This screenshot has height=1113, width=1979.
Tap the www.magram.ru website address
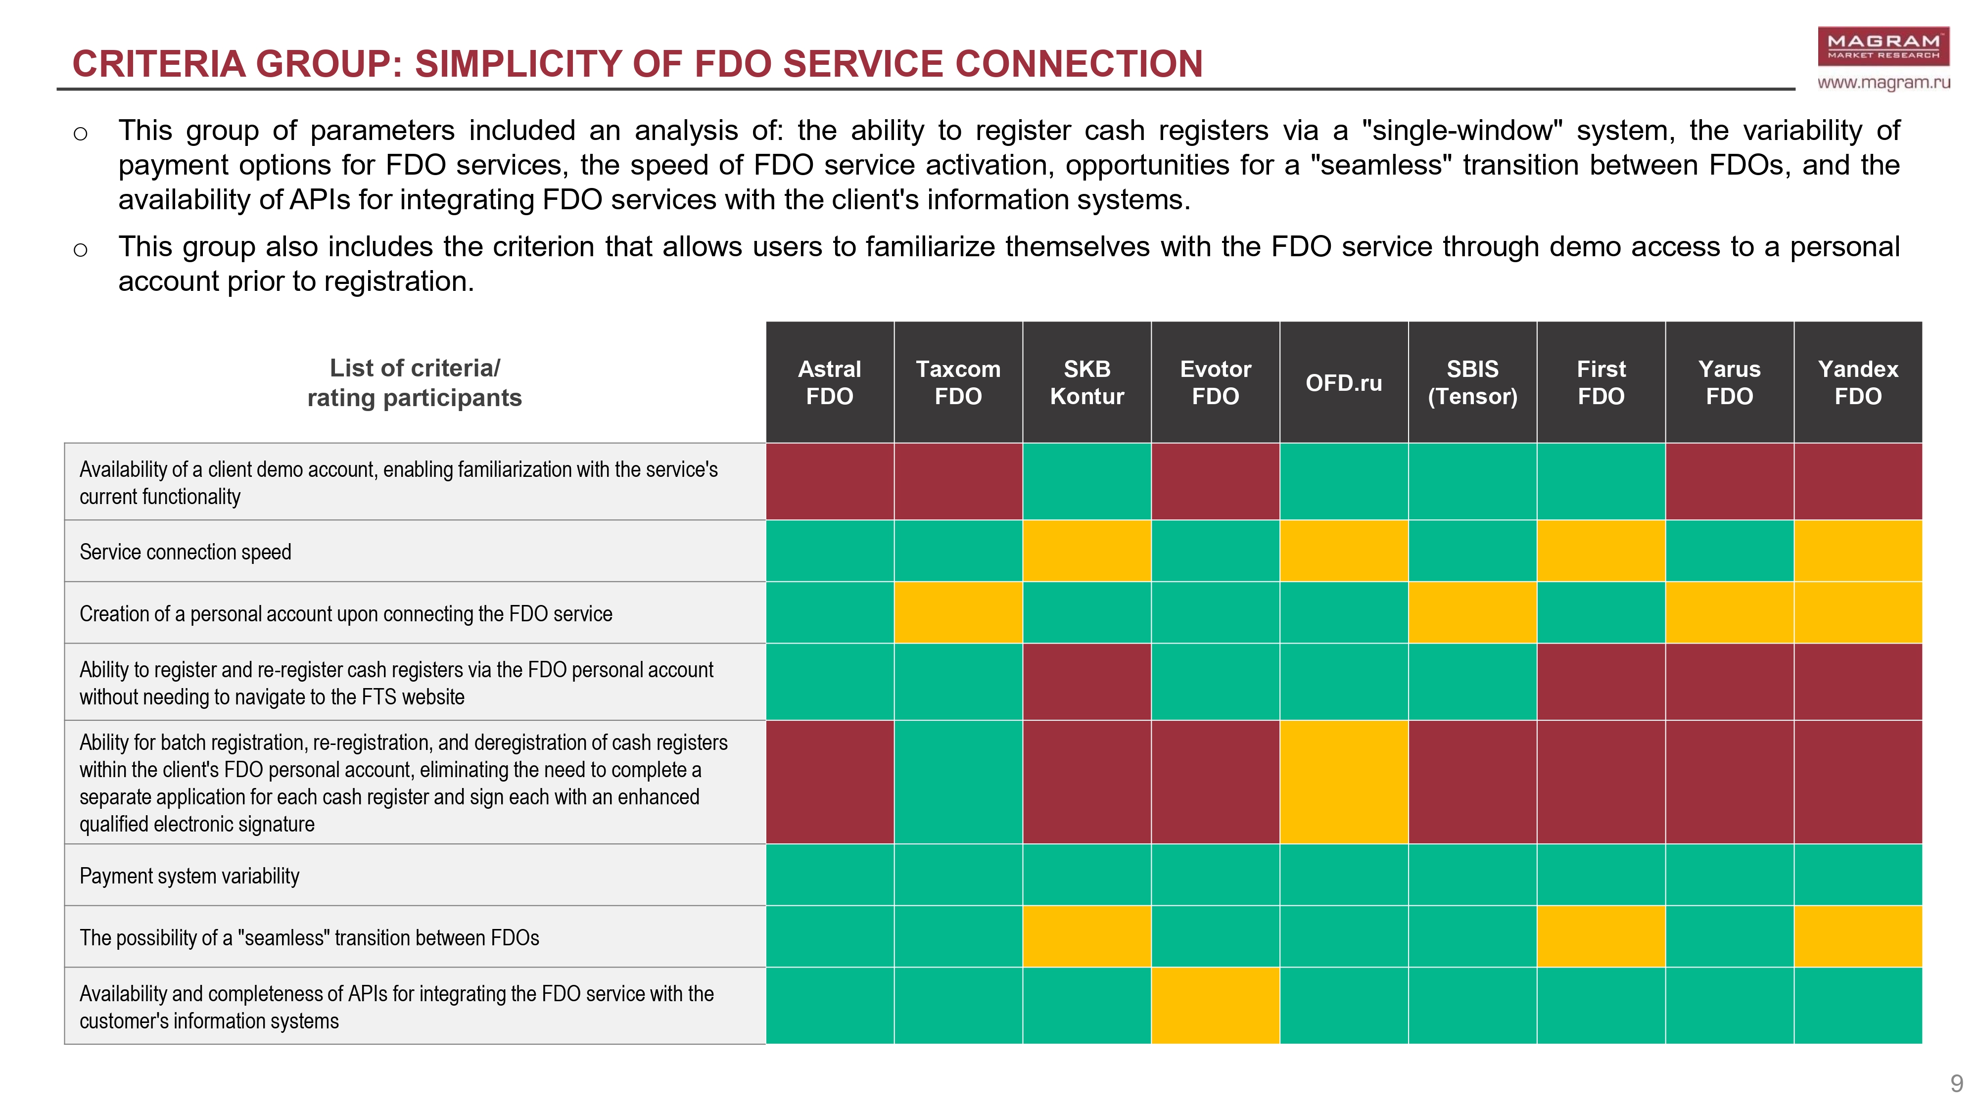[1884, 82]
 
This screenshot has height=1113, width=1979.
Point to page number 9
[1957, 1084]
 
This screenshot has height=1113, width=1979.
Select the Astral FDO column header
[830, 382]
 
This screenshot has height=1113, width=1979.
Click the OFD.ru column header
[1344, 382]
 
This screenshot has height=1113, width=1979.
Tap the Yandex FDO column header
[1858, 382]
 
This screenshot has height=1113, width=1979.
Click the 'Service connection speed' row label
[185, 552]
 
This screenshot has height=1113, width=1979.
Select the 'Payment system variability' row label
[189, 876]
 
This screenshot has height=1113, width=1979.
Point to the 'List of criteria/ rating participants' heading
[415, 382]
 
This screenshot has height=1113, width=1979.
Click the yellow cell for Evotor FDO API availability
[1216, 1006]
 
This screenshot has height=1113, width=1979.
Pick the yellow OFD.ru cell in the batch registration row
[1344, 782]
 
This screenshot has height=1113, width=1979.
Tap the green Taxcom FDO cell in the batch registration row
[958, 782]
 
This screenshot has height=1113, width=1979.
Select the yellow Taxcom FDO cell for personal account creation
[958, 612]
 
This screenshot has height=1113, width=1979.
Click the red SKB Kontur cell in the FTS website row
[1087, 681]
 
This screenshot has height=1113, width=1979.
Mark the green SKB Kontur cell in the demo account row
[1087, 482]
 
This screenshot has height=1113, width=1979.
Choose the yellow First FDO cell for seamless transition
[1601, 936]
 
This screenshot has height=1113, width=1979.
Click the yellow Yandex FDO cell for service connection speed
[1858, 551]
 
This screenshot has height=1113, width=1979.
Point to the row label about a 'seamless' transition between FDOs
[309, 937]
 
